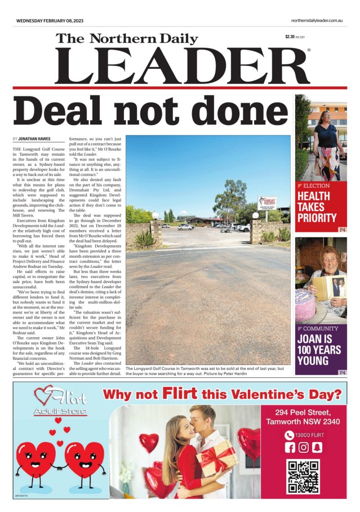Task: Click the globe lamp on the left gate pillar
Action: pos(155,215)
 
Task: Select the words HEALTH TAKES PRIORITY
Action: pos(317,207)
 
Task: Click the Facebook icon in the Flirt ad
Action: pos(290,447)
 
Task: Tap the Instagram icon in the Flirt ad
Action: pos(304,447)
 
